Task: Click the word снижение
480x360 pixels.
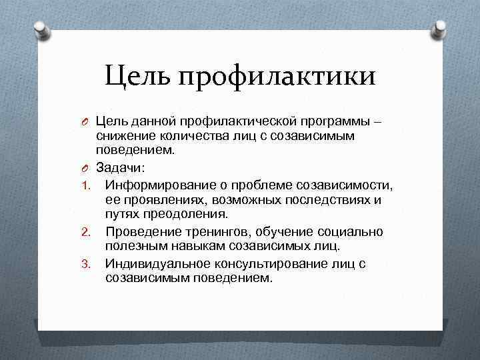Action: click(x=123, y=137)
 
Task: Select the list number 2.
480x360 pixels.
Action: click(x=85, y=233)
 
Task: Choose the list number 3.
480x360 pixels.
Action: click(x=85, y=265)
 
